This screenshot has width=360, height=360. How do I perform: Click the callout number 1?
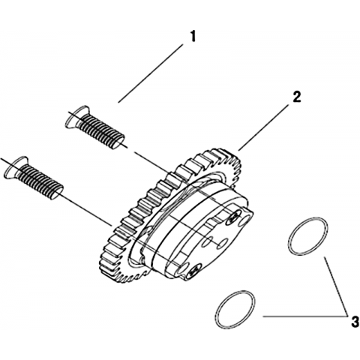[x=192, y=37]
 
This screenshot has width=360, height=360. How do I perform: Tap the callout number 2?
[x=296, y=97]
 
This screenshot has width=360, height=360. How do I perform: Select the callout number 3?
[x=355, y=322]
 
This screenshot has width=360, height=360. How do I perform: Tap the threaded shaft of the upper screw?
[x=102, y=131]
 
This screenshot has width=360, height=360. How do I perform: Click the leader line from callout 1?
[x=151, y=73]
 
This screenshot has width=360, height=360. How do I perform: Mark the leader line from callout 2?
[x=263, y=127]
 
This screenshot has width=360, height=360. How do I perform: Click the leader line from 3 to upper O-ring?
[x=336, y=286]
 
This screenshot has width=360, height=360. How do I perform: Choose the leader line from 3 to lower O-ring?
[x=305, y=316]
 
